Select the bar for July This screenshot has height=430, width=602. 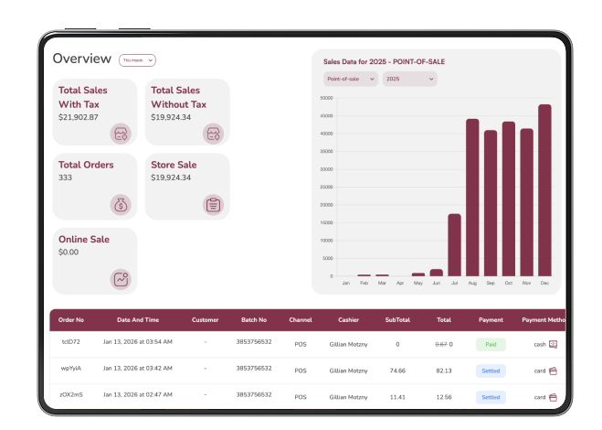tap(454, 244)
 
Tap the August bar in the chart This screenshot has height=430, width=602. tap(472, 198)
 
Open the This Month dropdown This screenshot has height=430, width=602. tap(137, 60)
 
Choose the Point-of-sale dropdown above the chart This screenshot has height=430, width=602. tap(351, 80)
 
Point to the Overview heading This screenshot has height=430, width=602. tap(82, 59)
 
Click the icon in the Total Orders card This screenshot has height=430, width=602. tap(121, 204)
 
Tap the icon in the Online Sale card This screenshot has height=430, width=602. tap(121, 279)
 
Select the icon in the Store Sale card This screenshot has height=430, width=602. tap(213, 204)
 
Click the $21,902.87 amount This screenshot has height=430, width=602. tap(78, 117)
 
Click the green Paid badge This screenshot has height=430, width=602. tap(491, 345)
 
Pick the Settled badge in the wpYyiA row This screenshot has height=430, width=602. tap(491, 371)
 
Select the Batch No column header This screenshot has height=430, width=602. tap(253, 320)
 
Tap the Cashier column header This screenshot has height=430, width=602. tap(348, 320)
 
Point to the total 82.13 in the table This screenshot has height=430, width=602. tap(444, 371)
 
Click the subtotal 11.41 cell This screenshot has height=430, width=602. tap(396, 397)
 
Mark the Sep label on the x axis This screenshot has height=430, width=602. tap(491, 284)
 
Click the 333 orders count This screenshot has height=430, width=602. tap(65, 177)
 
